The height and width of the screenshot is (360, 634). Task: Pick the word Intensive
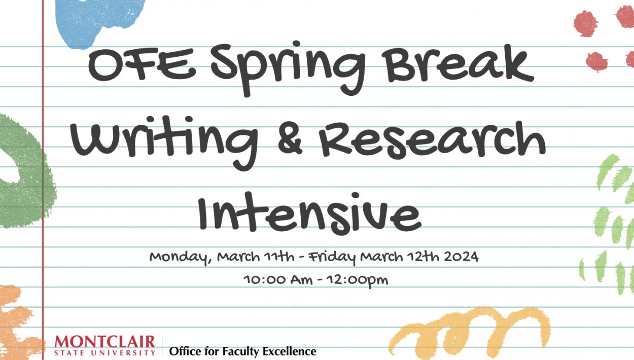(x=309, y=211)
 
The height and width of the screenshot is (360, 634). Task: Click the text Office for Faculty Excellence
(x=242, y=351)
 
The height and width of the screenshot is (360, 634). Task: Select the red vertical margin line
(x=43, y=203)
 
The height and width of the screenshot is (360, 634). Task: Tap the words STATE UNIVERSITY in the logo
(x=105, y=351)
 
